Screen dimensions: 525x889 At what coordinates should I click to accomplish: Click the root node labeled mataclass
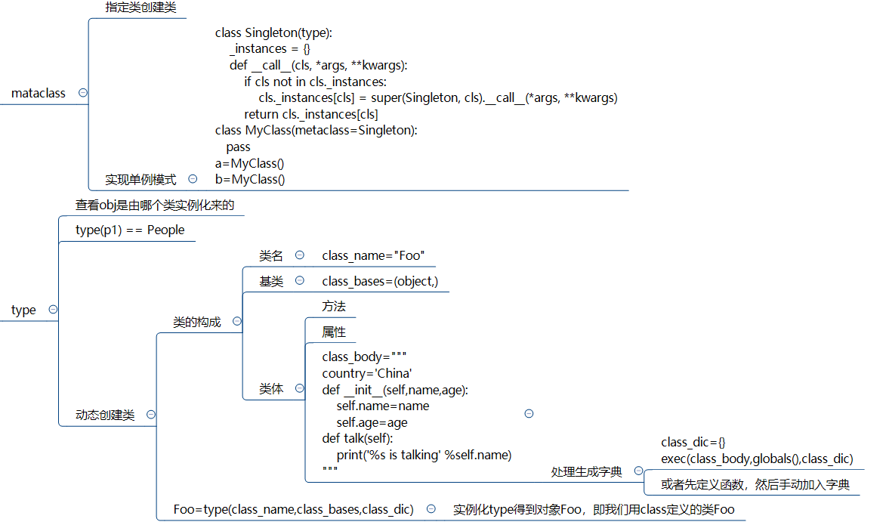pos(39,94)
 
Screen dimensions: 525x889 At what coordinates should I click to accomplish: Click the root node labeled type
pos(23,310)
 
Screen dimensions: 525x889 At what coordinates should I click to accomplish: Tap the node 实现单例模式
pos(140,180)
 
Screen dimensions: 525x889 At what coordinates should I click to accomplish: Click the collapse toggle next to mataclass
pos(82,93)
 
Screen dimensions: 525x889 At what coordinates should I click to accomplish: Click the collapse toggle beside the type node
pos(53,310)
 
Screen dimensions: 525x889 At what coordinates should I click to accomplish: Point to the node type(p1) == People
pos(130,230)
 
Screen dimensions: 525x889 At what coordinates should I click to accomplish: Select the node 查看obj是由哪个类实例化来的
pos(154,205)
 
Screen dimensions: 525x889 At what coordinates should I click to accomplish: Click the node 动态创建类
pos(105,415)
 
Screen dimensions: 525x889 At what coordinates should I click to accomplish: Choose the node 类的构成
pos(197,322)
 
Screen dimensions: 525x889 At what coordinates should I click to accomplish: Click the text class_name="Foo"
pos(373,255)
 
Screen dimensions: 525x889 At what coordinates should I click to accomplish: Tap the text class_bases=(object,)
pos(380,282)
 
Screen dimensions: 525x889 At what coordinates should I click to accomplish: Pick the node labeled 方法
pos(333,307)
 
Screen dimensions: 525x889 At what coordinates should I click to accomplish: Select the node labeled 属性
pos(333,332)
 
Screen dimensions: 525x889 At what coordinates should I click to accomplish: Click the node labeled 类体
pos(271,389)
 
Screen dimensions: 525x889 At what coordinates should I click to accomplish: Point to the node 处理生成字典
pos(586,471)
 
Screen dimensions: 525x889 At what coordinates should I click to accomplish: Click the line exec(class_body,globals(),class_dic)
pos(757,459)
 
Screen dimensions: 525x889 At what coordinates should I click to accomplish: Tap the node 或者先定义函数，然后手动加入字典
pos(755,485)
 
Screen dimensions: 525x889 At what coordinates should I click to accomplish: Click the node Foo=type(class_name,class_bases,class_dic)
pos(293,509)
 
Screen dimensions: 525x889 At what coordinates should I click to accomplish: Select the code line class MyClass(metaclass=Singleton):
pos(316,131)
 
